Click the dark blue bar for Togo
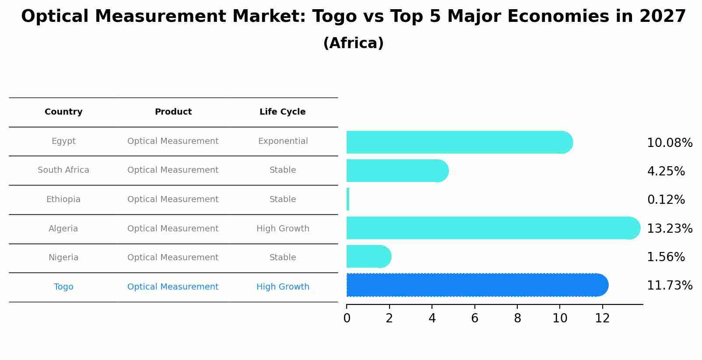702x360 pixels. click(477, 285)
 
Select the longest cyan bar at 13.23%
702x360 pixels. click(493, 228)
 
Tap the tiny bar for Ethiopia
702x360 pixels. click(348, 199)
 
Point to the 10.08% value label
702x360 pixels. click(670, 143)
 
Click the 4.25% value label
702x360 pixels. click(666, 171)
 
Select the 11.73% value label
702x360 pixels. click(670, 286)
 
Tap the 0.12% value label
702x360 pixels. click(666, 200)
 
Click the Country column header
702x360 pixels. click(63, 112)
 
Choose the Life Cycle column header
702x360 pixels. click(283, 112)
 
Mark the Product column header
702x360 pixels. click(173, 112)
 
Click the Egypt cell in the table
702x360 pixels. click(63, 141)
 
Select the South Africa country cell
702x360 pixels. click(63, 170)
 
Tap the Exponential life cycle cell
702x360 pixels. click(283, 141)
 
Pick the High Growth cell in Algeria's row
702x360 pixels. click(283, 229)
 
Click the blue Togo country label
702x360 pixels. click(63, 287)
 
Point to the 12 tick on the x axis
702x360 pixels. click(602, 318)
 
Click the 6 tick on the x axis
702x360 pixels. click(474, 318)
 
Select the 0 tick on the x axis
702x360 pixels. click(347, 318)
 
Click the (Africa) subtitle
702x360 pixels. click(353, 43)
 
